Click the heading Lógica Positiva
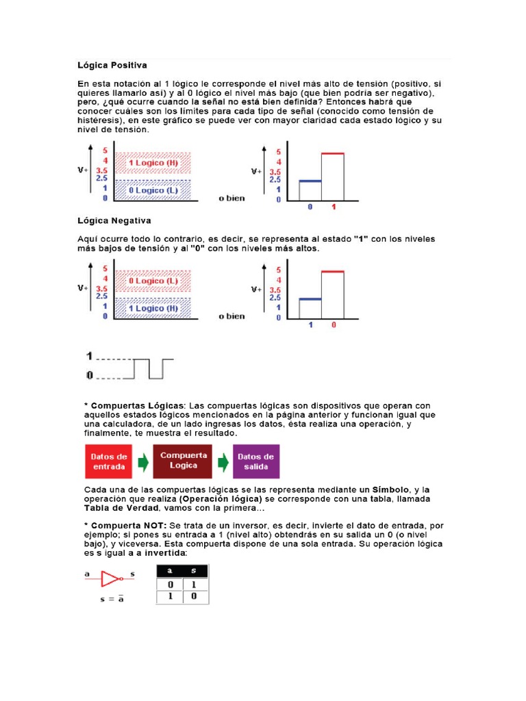(x=111, y=66)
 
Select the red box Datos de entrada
(x=109, y=461)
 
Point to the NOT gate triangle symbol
(x=110, y=579)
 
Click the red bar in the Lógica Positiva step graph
(x=332, y=154)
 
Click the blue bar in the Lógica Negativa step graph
(x=310, y=299)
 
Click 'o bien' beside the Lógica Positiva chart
(x=231, y=199)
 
